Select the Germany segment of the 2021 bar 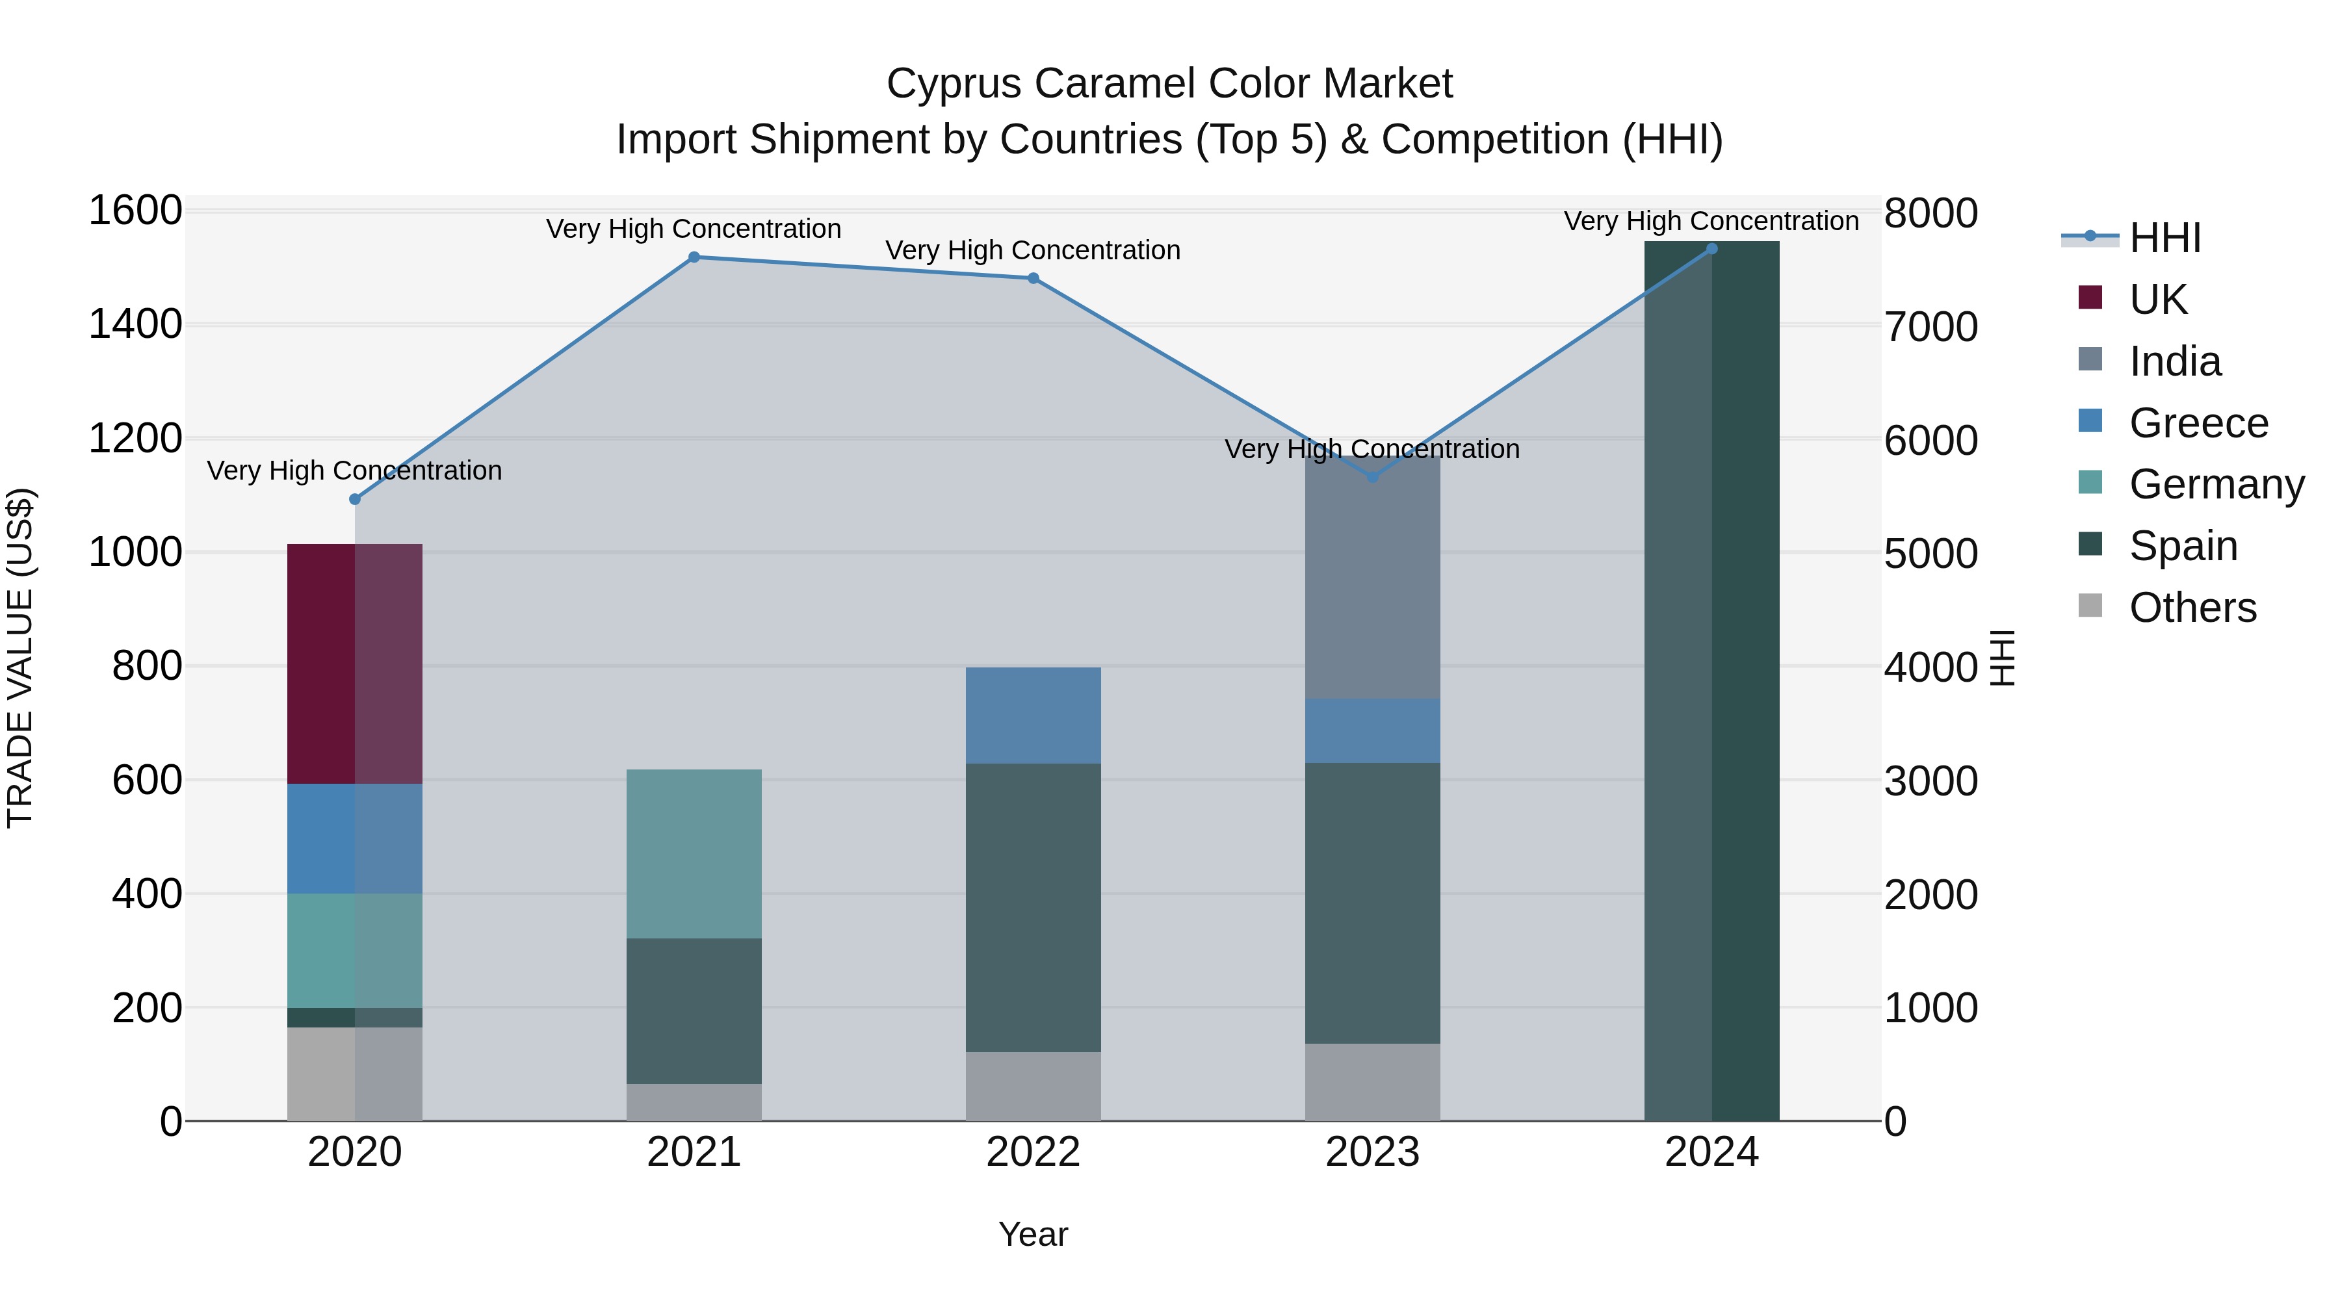[x=694, y=854]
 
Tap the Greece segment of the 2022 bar [x=1033, y=716]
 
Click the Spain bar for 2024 [x=1711, y=681]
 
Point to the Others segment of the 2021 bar [x=694, y=1102]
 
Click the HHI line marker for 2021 [x=694, y=257]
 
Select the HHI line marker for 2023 [x=1373, y=477]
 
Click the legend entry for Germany [x=2216, y=484]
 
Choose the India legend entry [x=2175, y=361]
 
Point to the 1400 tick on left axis [x=135, y=324]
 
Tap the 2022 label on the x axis [x=1033, y=1152]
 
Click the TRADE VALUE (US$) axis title [x=20, y=658]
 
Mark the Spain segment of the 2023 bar [x=1373, y=903]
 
